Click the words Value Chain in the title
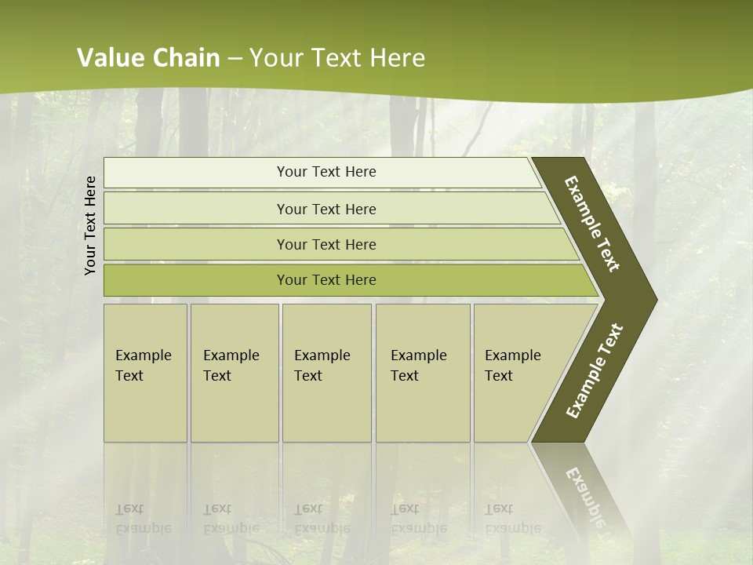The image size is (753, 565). (148, 58)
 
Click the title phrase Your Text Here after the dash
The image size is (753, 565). (337, 58)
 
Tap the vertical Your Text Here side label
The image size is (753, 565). (90, 225)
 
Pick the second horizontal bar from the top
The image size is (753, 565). (326, 209)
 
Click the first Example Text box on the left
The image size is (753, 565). (145, 372)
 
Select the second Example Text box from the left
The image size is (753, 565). (235, 372)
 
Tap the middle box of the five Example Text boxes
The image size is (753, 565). (326, 372)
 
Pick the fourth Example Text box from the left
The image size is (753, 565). (423, 372)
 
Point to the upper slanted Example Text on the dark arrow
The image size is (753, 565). (593, 224)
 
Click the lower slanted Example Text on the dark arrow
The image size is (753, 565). (595, 370)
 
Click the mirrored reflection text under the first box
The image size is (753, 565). (143, 519)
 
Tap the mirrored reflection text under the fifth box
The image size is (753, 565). (512, 519)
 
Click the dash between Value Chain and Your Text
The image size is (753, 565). (235, 59)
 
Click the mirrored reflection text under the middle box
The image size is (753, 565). (322, 519)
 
